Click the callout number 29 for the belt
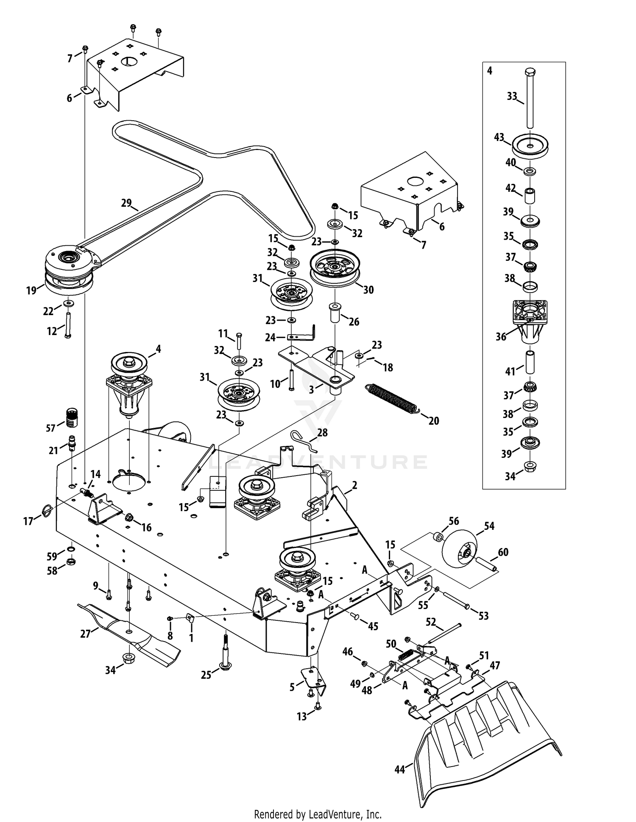[126, 203]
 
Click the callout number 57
[51, 428]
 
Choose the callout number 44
[400, 769]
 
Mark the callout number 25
[206, 675]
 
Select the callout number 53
[483, 616]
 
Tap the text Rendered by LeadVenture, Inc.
[318, 814]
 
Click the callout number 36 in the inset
[501, 337]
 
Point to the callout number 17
[28, 521]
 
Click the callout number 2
[354, 485]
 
